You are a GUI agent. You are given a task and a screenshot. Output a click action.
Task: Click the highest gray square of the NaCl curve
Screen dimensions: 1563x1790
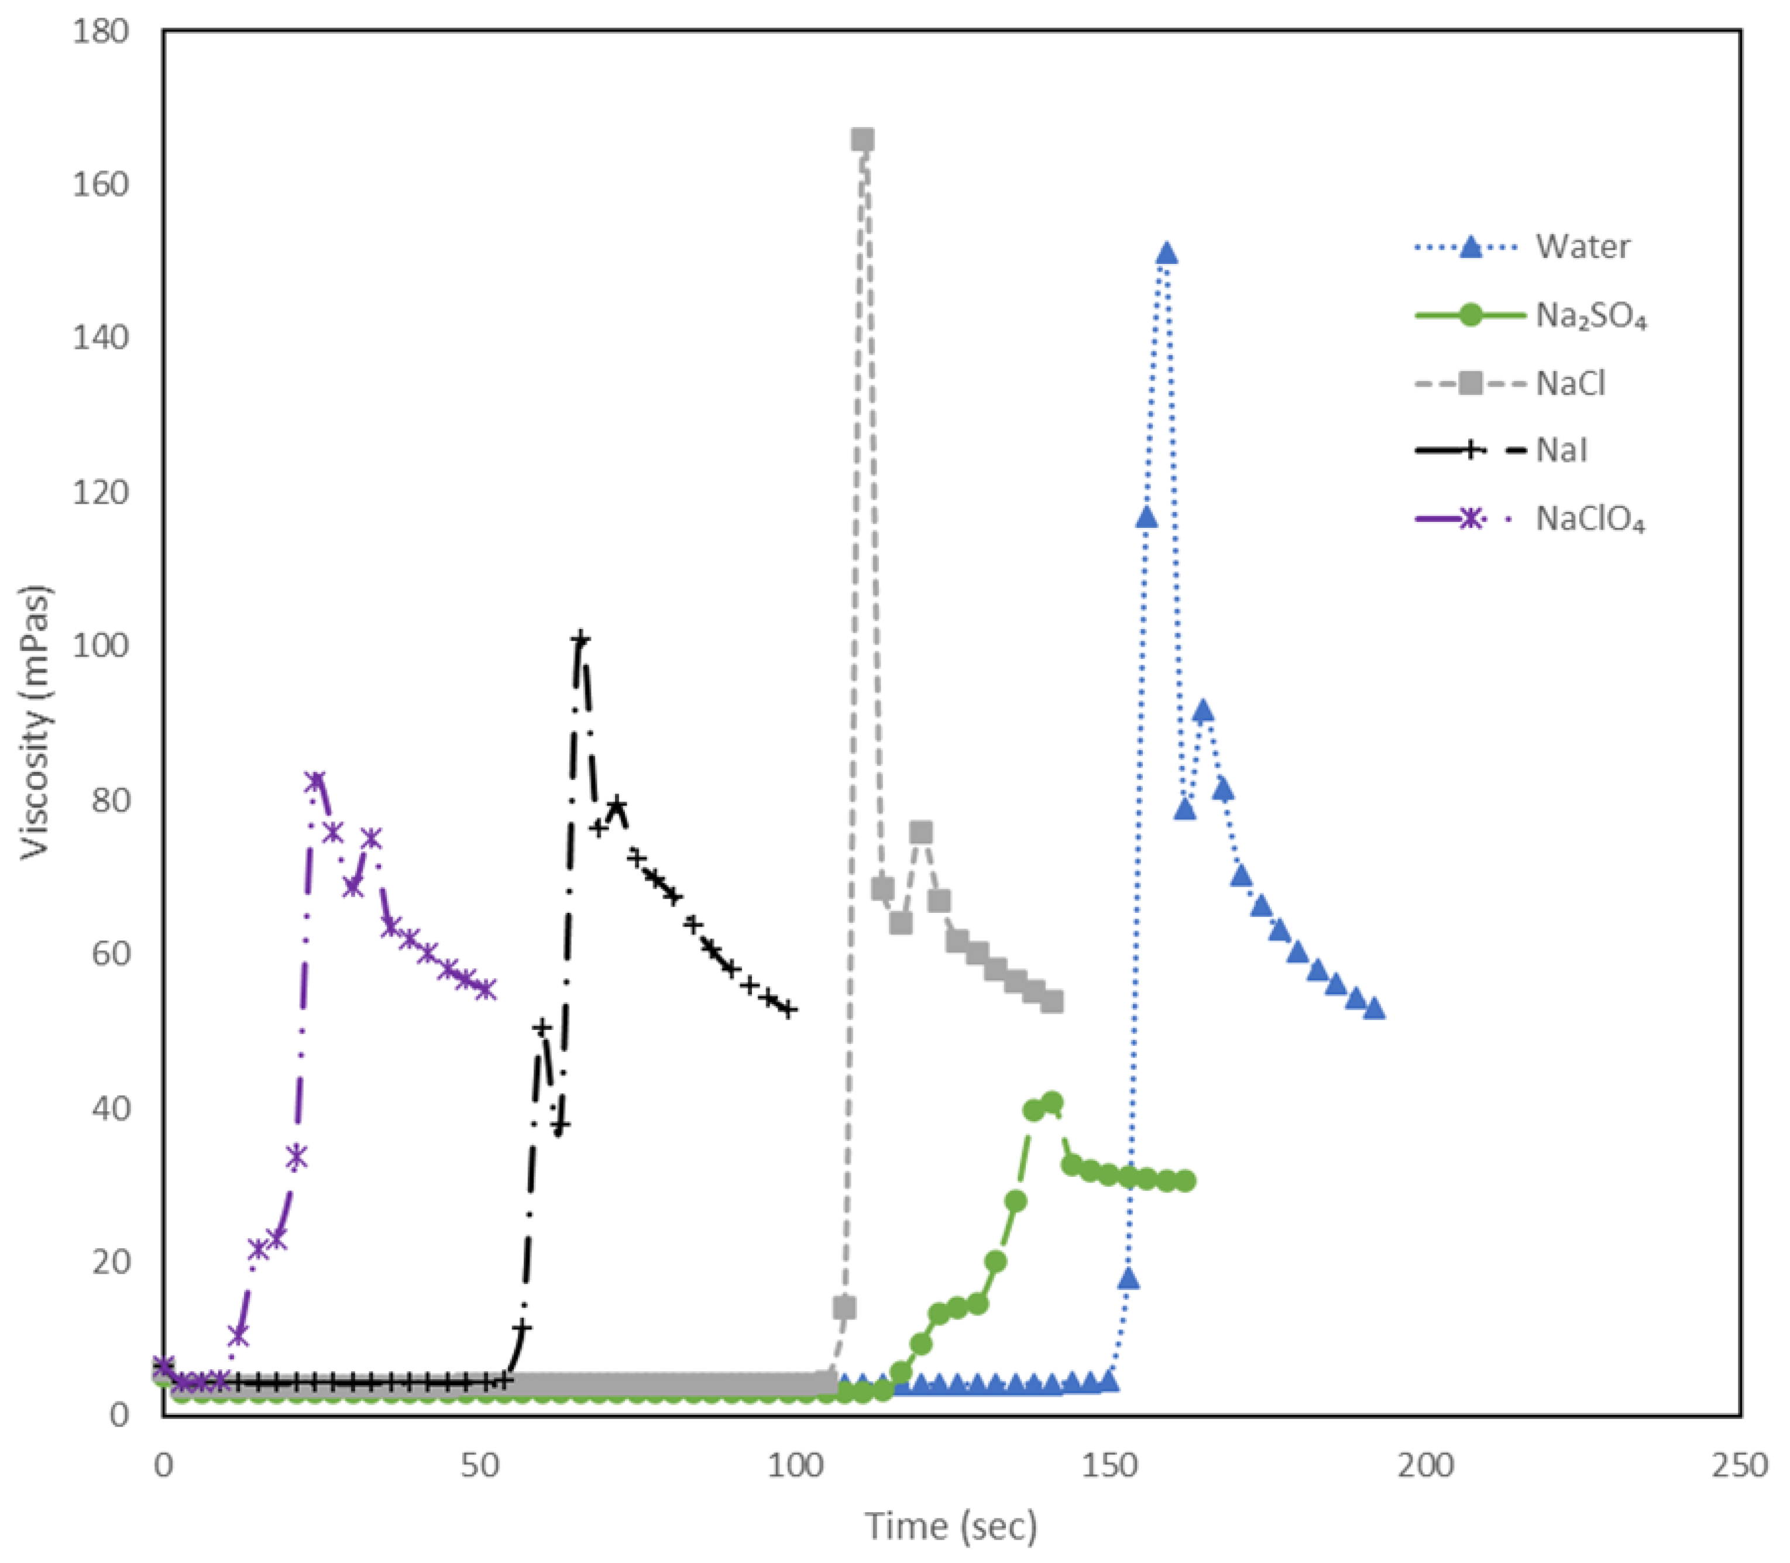(x=862, y=140)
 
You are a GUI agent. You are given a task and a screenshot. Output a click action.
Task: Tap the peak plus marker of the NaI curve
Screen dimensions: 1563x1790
(x=580, y=641)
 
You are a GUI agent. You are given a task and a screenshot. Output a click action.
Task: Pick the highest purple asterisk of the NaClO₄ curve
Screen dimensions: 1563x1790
(x=316, y=781)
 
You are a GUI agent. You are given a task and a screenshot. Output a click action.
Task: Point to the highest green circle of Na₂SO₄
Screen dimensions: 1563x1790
(x=1053, y=1102)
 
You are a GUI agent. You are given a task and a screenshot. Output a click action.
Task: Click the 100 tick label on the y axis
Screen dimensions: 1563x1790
(x=100, y=646)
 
